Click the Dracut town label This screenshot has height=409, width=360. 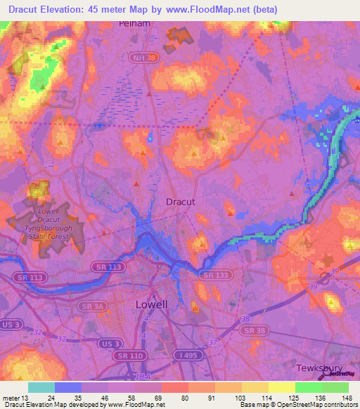coord(179,202)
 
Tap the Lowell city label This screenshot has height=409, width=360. coord(151,304)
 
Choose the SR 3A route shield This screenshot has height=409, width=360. coord(91,306)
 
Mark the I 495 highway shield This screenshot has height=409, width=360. coord(188,356)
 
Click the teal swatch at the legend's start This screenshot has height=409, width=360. coord(41,387)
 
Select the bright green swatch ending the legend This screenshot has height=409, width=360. coord(335,387)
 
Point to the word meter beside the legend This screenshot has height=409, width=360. coord(11,399)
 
